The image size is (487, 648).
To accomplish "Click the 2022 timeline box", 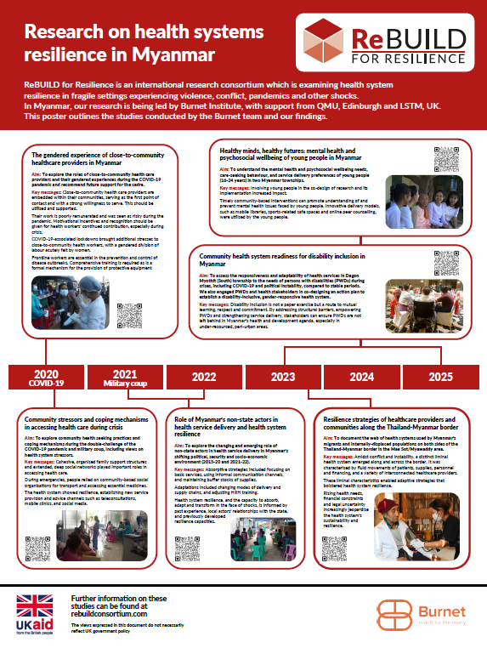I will click(x=204, y=375).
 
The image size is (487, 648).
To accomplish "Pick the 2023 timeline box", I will click(x=282, y=375).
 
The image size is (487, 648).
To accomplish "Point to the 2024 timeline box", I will click(x=361, y=375).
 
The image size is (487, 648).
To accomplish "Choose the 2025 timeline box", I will click(x=440, y=375).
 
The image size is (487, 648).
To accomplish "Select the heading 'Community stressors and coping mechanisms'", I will click(x=82, y=423).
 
